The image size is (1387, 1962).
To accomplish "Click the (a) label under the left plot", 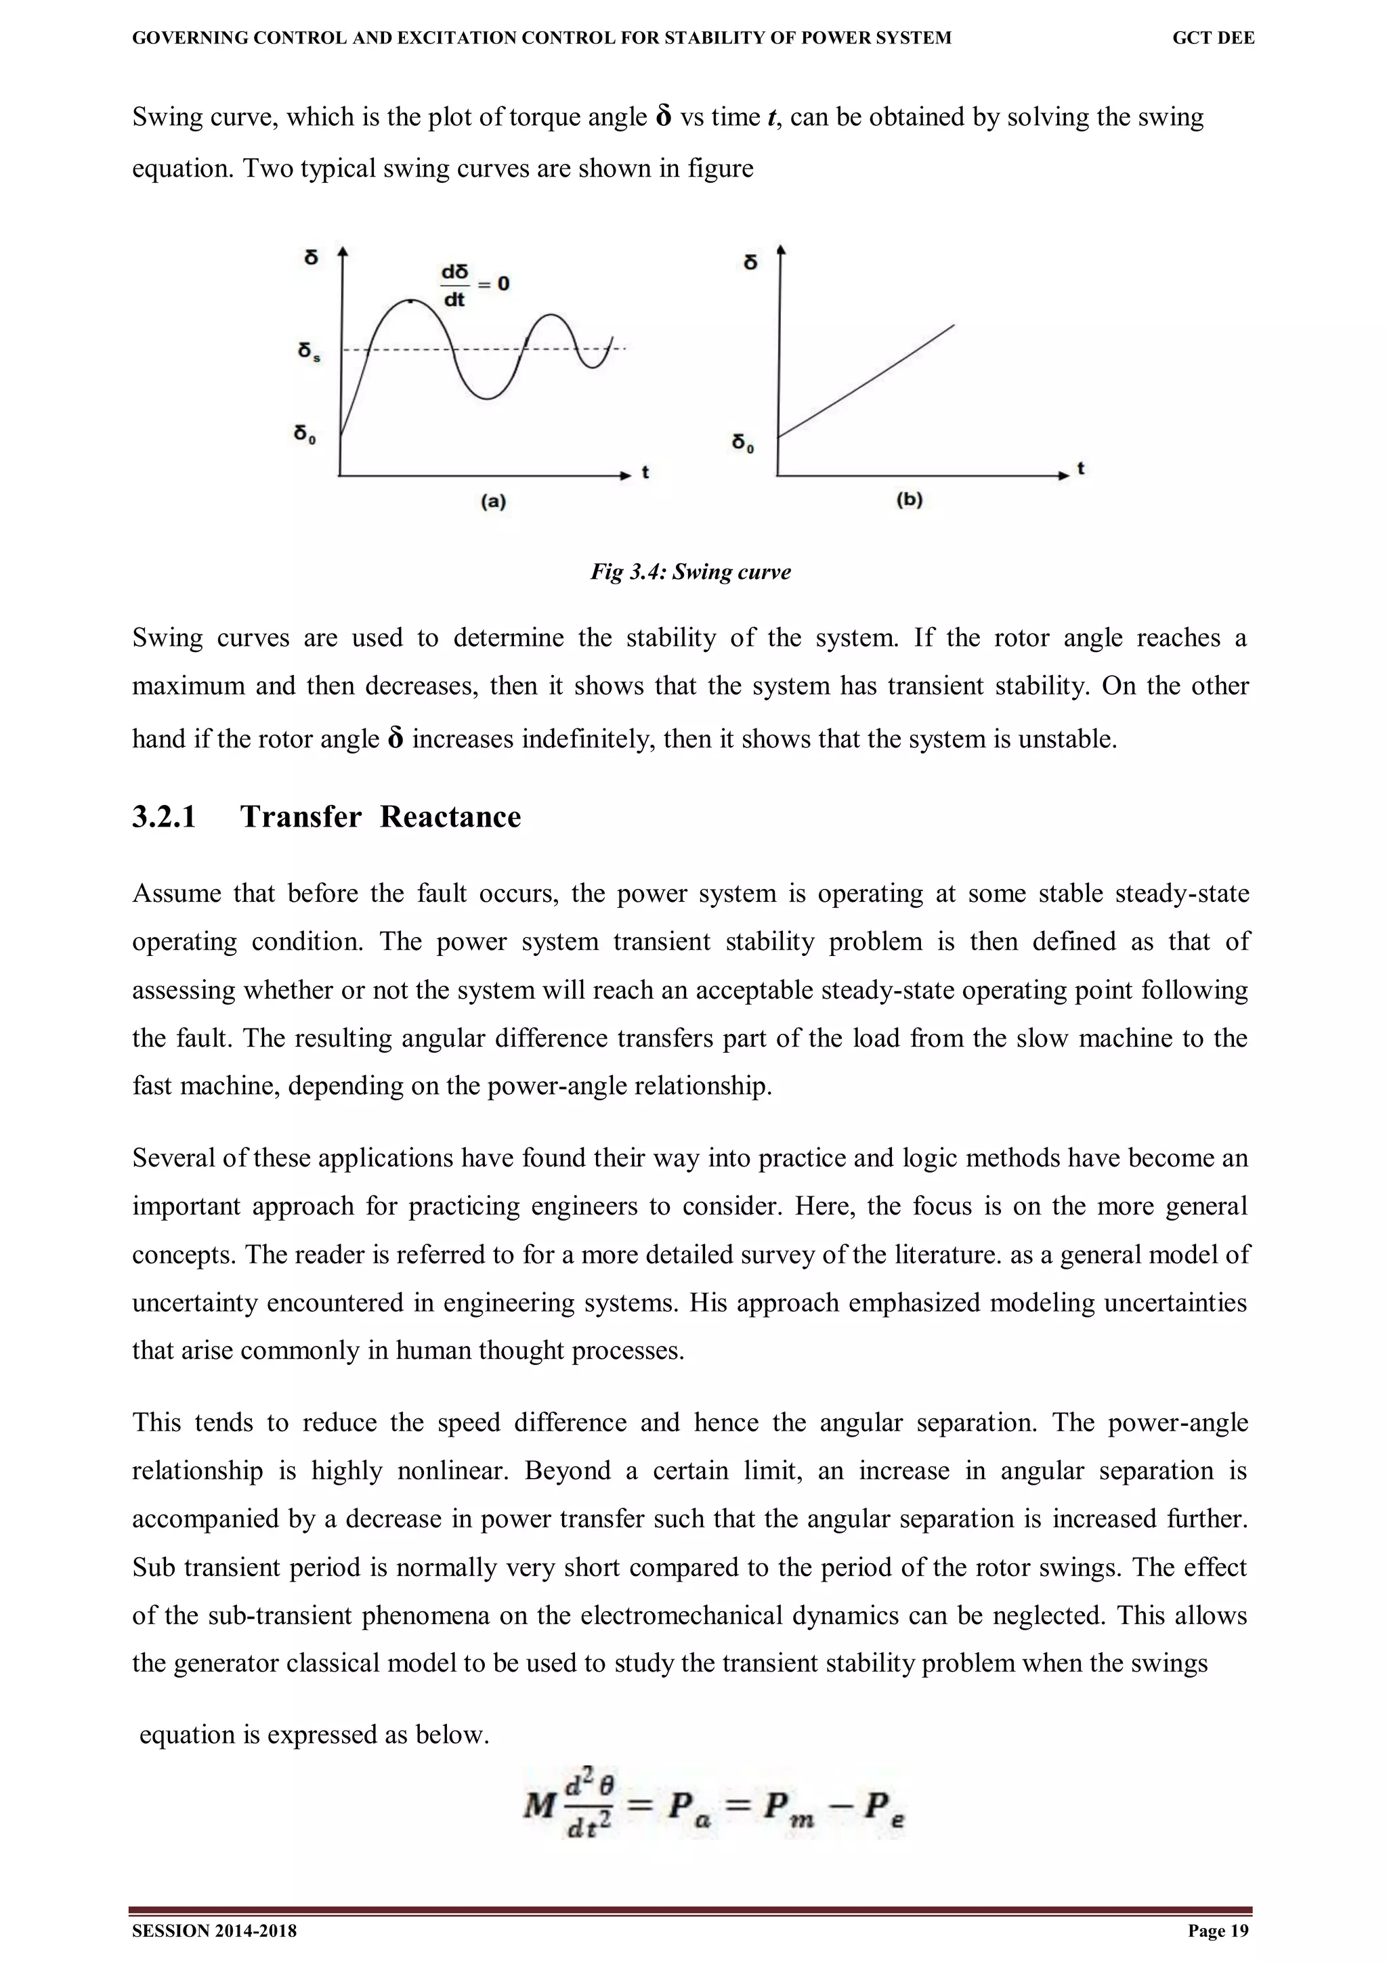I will coord(493,502).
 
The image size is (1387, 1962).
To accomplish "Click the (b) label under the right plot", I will coord(910,500).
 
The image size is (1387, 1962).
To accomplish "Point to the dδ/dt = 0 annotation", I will coord(474,284).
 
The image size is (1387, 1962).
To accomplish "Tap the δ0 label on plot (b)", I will coord(743,443).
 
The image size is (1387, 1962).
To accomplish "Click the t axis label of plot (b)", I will coord(1081,468).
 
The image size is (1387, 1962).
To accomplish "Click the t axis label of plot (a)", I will coord(645,472).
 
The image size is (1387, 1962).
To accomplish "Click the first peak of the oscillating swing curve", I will coord(410,301).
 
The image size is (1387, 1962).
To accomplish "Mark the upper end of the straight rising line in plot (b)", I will coord(953,326).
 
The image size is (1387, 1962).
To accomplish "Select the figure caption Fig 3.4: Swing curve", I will coord(691,571).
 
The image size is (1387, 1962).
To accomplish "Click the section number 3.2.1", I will coord(164,817).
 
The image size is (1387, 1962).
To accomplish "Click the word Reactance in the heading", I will coord(450,817).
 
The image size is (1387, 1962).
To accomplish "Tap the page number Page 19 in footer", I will coord(1218,1932).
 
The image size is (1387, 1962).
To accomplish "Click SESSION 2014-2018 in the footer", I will coord(215,1932).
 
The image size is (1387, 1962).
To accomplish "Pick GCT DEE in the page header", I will coord(1213,38).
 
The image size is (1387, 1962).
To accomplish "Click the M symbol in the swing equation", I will coord(539,1806).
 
